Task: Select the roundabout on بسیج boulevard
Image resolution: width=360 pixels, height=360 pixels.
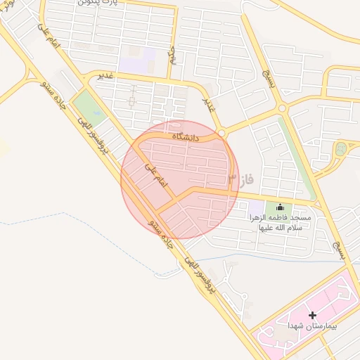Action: [282, 108]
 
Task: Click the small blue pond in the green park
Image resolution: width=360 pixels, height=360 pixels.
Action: [342, 148]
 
